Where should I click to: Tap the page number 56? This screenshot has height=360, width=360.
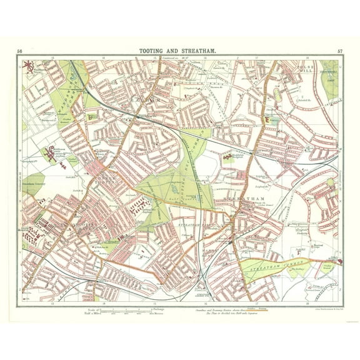click(x=20, y=51)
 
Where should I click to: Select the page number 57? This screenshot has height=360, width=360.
click(x=339, y=51)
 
